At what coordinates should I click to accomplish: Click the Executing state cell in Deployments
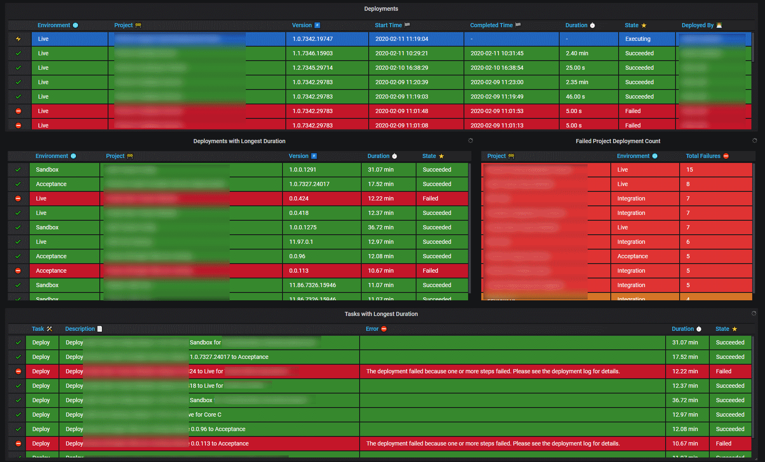click(638, 39)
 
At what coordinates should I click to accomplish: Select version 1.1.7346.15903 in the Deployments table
click(312, 53)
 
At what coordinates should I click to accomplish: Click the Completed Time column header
click(491, 25)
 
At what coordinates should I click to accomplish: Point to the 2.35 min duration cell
click(577, 82)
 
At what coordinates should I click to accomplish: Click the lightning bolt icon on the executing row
click(18, 39)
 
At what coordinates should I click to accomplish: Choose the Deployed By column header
click(697, 25)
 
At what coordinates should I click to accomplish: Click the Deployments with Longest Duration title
click(239, 141)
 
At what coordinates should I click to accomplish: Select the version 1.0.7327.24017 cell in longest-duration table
click(309, 184)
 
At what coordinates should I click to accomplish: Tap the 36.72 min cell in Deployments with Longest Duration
click(381, 227)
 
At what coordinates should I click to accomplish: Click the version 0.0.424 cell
click(299, 198)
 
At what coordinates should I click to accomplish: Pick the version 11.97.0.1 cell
click(301, 242)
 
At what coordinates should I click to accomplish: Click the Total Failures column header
click(703, 156)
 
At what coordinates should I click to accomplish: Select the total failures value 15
click(690, 170)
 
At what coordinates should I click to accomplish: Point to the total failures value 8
click(688, 184)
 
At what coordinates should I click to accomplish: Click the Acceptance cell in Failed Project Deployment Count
click(632, 256)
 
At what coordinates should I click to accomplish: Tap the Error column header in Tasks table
click(372, 329)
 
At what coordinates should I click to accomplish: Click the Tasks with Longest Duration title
click(381, 314)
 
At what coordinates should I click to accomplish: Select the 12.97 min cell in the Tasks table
click(685, 415)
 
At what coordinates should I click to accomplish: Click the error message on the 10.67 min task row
click(493, 443)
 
